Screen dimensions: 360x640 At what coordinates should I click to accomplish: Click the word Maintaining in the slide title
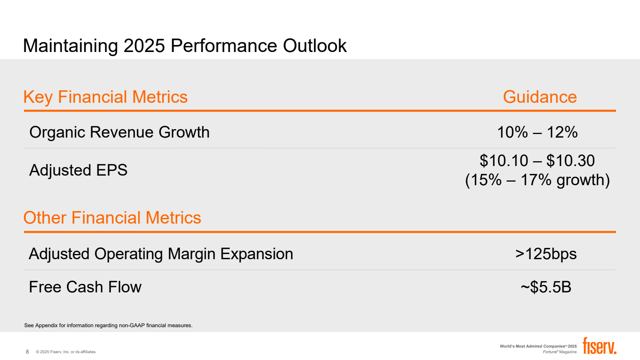tap(70, 46)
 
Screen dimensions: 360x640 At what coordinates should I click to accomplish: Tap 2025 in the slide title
tap(144, 46)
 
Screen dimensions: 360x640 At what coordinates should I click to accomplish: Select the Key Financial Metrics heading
tap(106, 97)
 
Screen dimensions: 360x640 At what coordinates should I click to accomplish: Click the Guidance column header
tap(540, 97)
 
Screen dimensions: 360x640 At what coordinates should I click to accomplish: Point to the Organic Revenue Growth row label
tap(119, 132)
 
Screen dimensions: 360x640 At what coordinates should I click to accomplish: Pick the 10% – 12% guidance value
tap(537, 132)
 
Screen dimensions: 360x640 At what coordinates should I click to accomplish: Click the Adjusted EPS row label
tap(78, 170)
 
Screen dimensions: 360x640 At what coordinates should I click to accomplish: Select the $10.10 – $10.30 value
tap(537, 161)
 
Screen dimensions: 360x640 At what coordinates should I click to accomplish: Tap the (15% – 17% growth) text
tap(537, 180)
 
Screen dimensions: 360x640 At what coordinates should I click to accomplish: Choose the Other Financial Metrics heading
tap(112, 218)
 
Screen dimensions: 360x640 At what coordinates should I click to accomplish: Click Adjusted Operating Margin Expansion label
tap(161, 254)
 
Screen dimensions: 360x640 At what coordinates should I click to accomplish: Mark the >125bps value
tap(546, 254)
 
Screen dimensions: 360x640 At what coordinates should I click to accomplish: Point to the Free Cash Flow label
tap(85, 287)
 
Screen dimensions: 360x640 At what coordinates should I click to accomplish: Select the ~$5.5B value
tap(546, 287)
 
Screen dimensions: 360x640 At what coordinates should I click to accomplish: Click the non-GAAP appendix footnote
tap(108, 326)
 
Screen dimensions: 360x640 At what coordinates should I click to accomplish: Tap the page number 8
tap(27, 352)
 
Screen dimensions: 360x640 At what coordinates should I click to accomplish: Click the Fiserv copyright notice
tap(66, 352)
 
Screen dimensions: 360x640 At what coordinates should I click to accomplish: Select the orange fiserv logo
tap(599, 346)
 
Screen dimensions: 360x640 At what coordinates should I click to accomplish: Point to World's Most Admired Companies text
tap(538, 346)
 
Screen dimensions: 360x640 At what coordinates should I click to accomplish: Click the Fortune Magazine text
tap(560, 352)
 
